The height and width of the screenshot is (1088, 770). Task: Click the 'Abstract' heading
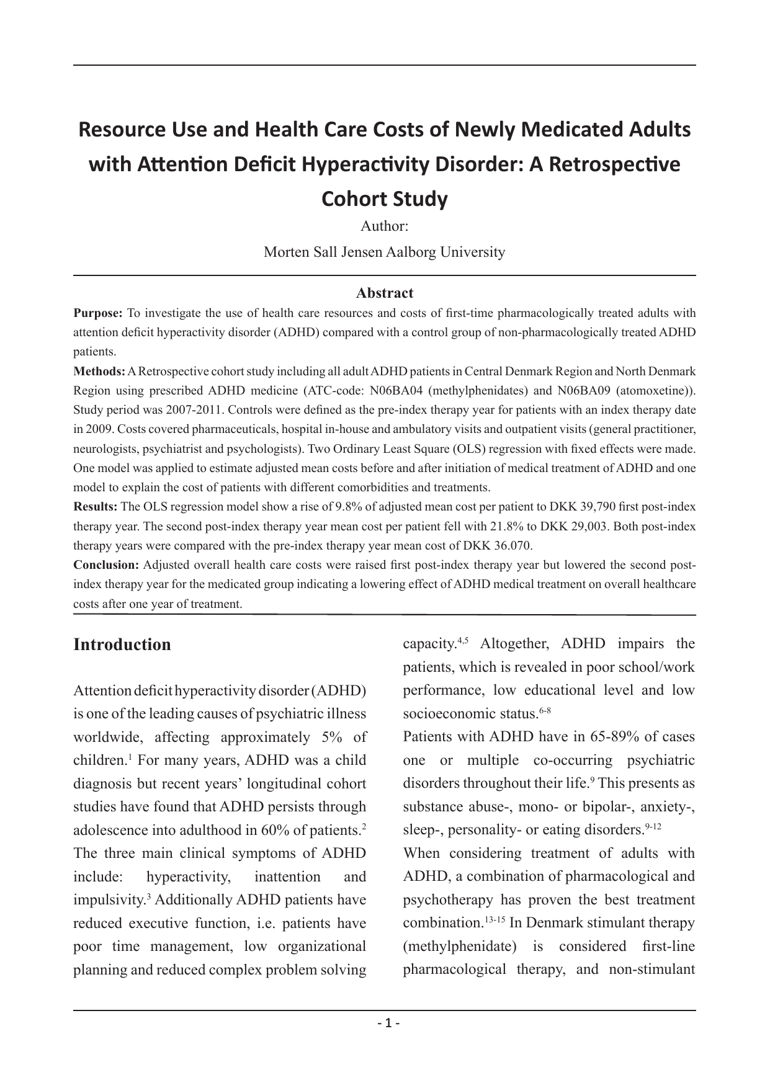[384, 293]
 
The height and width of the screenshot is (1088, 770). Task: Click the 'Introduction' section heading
[122, 644]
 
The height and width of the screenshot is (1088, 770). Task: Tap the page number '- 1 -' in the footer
[385, 1023]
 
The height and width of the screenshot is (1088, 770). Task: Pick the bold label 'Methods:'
[99, 372]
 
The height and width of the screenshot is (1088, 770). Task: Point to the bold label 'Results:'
[96, 507]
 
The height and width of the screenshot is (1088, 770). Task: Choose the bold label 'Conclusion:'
[106, 565]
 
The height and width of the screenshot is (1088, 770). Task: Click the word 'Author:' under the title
[384, 226]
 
